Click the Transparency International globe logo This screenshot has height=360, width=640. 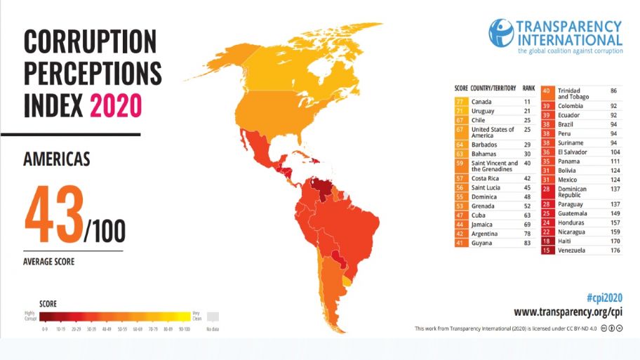[x=500, y=33]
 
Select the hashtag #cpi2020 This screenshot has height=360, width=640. [x=603, y=297]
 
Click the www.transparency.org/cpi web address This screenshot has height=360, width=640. [x=568, y=312]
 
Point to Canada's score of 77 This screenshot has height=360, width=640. [x=461, y=102]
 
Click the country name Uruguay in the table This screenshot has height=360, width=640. [x=484, y=111]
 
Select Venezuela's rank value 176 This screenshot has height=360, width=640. [x=615, y=251]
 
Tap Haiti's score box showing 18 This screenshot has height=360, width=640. [x=547, y=241]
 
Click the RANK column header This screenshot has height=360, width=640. [x=528, y=89]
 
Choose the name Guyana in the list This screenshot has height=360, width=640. [x=482, y=243]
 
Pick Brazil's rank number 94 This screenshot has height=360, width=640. [x=614, y=124]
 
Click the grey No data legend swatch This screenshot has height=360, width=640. [x=213, y=316]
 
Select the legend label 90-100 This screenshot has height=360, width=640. [x=183, y=328]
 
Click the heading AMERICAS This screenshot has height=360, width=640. [x=57, y=159]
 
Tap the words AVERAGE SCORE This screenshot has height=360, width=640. [x=49, y=262]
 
